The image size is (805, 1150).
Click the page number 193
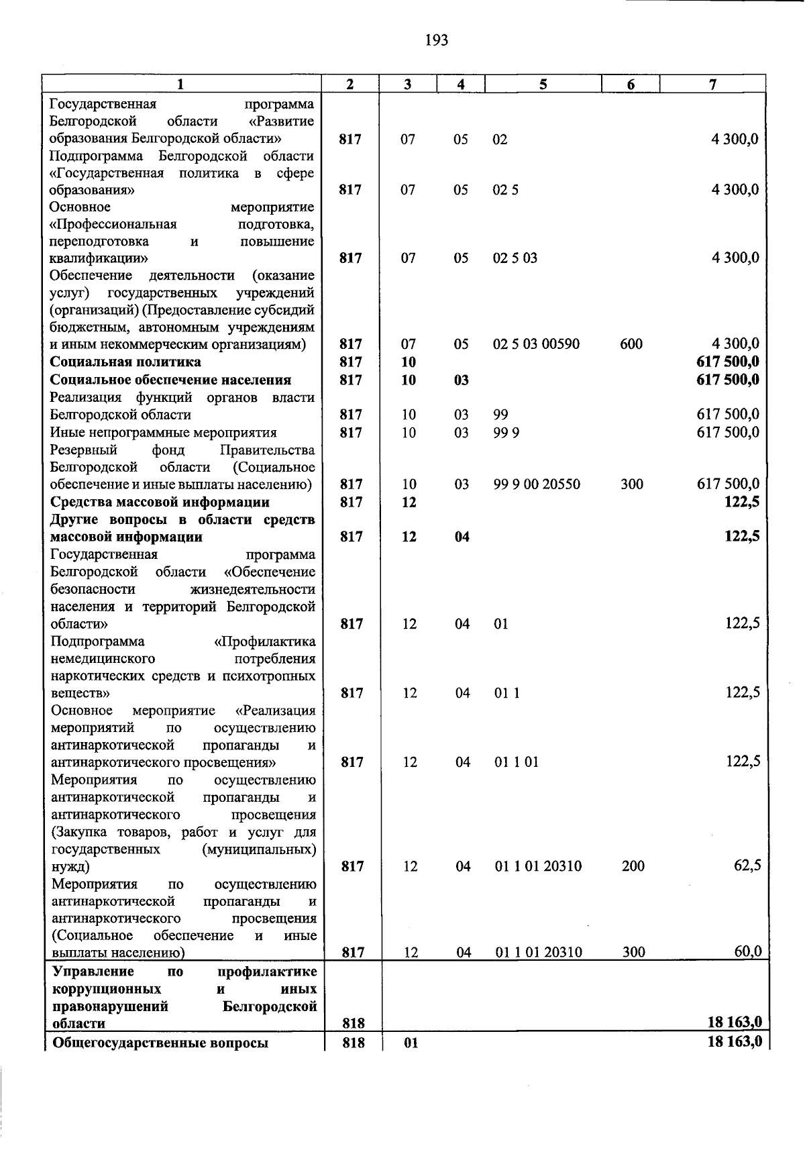(436, 41)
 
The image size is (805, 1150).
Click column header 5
(543, 84)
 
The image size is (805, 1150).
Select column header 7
(712, 84)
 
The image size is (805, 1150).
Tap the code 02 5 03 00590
(536, 345)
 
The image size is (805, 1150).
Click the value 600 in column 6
(631, 345)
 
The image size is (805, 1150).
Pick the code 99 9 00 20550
(537, 484)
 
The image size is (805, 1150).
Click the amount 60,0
(747, 951)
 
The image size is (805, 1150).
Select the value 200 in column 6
(633, 866)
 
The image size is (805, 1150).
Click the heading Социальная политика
(126, 362)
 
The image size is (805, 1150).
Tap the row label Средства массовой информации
(160, 503)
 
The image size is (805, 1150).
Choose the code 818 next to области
(353, 1024)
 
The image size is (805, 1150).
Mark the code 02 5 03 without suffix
(515, 258)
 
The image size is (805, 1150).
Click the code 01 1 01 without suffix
(517, 762)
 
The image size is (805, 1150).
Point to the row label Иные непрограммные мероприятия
(164, 433)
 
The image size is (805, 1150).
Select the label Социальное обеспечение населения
(171, 380)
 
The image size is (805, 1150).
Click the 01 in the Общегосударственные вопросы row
(411, 1044)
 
